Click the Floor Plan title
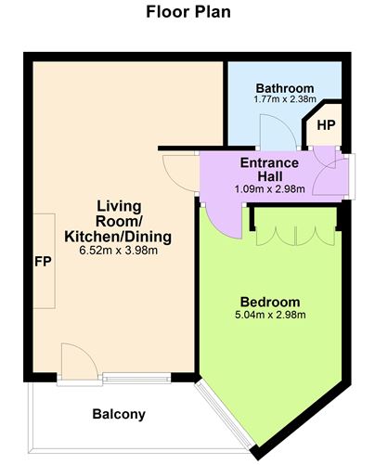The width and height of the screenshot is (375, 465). tap(187, 13)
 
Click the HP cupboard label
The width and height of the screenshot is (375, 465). tap(325, 124)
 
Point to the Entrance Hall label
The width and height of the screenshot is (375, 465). tap(269, 170)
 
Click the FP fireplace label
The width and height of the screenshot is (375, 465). tap(43, 260)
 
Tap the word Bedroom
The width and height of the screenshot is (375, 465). tap(270, 302)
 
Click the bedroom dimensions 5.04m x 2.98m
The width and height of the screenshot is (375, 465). tap(270, 316)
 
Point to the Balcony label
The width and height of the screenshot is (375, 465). tap(118, 414)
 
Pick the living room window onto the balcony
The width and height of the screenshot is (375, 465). tap(136, 378)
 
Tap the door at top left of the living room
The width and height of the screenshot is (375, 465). tap(176, 168)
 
